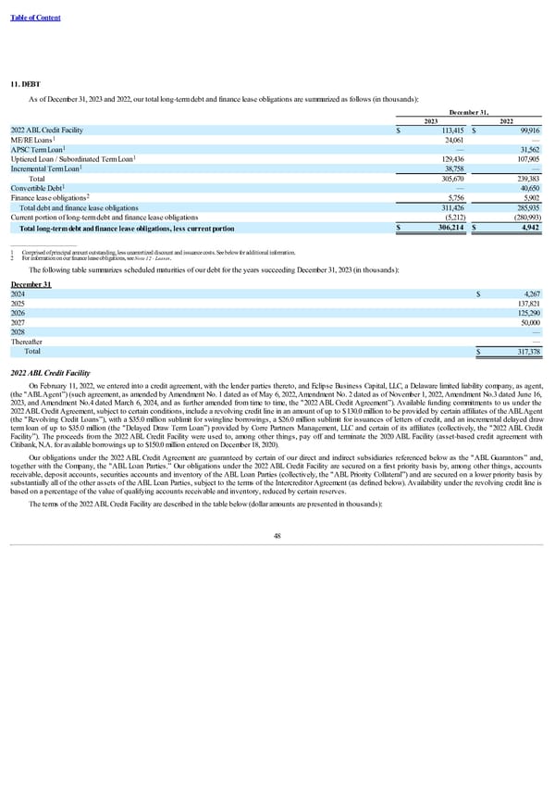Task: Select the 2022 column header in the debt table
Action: coord(507,120)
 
